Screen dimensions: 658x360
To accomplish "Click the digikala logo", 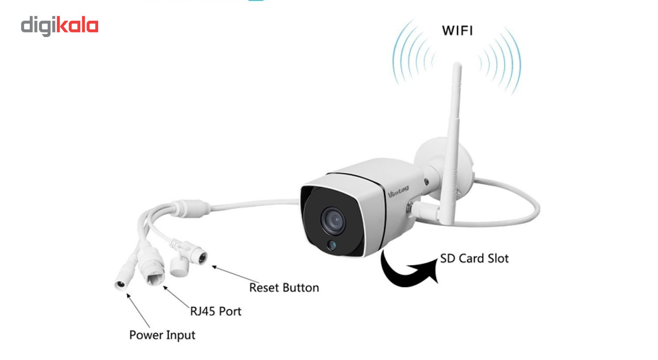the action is point(60,26).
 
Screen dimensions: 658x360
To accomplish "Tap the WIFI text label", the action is point(458,31).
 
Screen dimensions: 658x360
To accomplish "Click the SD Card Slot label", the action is point(474,259).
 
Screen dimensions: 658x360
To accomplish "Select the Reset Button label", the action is point(284,287).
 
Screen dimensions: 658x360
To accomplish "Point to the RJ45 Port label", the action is point(215,311).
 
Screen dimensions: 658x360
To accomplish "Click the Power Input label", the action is point(162,335).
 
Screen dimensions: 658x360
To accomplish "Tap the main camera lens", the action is point(333,221).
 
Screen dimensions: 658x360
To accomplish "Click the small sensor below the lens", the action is point(332,244).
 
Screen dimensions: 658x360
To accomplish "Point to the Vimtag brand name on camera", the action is point(398,192).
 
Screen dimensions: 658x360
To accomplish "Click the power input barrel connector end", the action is point(120,284).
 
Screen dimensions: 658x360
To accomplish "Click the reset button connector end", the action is point(202,258).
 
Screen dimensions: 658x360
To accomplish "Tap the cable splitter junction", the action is point(191,209).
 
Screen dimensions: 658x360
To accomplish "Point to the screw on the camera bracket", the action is point(426,182).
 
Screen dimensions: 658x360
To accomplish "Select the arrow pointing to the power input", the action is point(138,310).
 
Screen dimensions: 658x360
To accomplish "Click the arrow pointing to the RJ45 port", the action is point(176,297).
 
